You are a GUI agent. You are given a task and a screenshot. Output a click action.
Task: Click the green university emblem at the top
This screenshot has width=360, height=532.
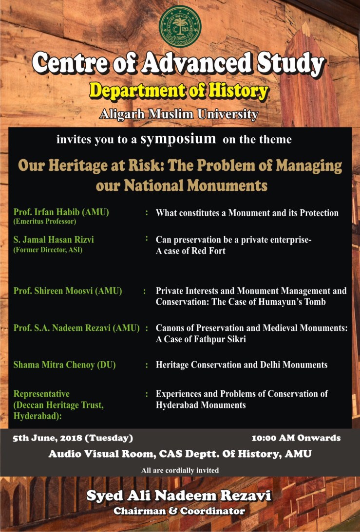click(180, 26)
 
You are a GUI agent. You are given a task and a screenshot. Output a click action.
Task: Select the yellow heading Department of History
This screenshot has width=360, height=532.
click(179, 91)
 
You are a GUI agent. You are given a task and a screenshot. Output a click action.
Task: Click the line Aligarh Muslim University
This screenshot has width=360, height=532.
click(179, 114)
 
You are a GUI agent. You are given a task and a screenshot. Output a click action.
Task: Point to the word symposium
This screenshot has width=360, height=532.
click(178, 139)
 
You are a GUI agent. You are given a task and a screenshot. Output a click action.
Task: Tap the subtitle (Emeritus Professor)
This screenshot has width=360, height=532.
click(45, 221)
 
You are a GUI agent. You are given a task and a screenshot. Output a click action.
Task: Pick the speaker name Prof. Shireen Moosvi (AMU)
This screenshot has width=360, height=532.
click(68, 291)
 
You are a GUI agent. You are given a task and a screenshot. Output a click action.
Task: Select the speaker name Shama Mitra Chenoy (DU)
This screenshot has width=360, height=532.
click(65, 365)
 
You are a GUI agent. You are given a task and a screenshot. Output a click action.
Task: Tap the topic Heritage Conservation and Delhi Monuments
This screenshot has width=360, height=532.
click(241, 365)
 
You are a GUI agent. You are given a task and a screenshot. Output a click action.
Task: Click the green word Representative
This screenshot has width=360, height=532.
click(41, 394)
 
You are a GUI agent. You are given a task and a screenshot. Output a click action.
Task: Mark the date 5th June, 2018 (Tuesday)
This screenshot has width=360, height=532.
click(73, 438)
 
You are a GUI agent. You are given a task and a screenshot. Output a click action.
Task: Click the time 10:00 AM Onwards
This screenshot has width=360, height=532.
click(296, 438)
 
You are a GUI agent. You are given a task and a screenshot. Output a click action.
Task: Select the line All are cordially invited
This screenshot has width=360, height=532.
click(180, 470)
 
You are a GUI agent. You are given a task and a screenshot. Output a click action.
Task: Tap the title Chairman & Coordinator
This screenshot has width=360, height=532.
click(179, 511)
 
